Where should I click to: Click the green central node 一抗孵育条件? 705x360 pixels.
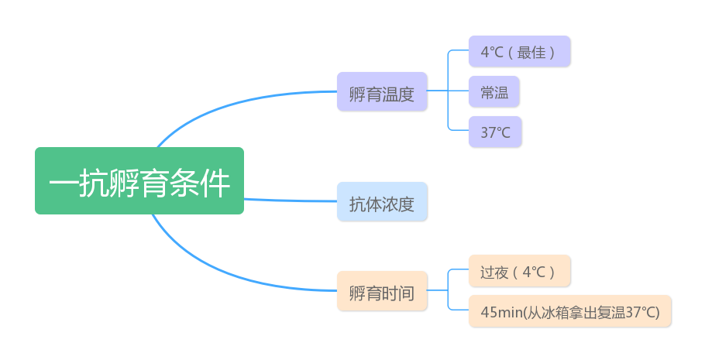tap(139, 180)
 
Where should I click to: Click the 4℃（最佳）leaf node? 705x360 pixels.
tap(519, 52)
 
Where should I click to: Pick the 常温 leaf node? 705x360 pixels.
tap(494, 92)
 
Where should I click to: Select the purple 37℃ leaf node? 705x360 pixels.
tap(495, 132)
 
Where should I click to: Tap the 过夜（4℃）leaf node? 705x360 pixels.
tap(519, 272)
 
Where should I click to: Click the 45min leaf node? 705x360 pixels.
tap(569, 312)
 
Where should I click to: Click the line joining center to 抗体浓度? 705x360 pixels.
tap(291, 201)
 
